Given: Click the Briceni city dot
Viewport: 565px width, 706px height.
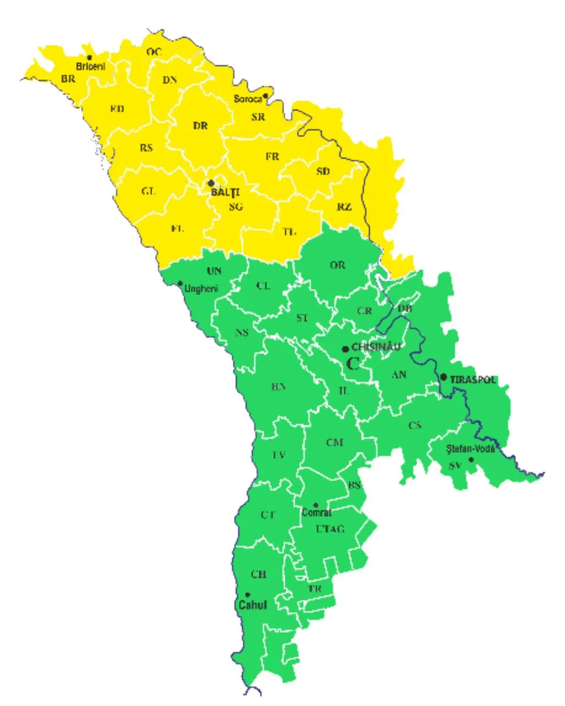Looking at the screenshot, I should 89,57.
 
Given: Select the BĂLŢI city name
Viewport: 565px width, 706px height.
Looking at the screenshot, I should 226,192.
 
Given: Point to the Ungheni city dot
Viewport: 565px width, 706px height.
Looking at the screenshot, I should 179,284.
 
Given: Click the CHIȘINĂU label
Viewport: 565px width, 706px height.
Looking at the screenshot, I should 376,347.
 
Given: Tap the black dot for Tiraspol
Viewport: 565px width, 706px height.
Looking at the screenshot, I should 444,377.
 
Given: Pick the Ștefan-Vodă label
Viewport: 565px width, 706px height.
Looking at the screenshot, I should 471,448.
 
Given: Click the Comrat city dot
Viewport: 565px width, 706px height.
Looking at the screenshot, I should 316,505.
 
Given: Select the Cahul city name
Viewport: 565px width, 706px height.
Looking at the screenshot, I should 253,605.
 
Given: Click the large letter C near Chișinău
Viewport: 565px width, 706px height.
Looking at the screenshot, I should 353,363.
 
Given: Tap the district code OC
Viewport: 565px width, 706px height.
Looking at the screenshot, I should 154,52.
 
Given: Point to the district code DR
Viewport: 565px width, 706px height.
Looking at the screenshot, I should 200,126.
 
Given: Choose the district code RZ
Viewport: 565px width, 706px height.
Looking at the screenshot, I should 344,207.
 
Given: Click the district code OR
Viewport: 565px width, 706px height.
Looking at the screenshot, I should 338,265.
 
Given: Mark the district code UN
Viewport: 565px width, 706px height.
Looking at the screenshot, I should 214,271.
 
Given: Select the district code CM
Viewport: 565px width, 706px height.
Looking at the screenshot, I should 334,442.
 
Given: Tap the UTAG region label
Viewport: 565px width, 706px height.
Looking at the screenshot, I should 330,529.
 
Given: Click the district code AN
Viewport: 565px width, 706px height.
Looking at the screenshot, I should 399,375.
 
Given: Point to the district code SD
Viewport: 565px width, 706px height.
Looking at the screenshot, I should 323,172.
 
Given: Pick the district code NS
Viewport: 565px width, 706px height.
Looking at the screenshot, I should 242,332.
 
